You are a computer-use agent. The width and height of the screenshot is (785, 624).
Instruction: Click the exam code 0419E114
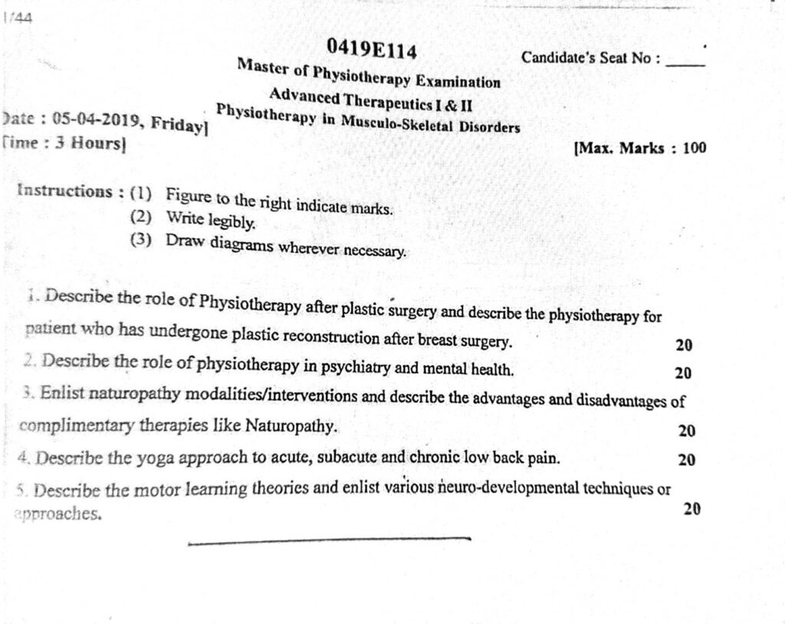click(372, 50)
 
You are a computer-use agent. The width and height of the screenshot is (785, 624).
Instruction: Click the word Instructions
click(64, 190)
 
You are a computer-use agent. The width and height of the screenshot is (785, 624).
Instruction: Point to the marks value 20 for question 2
click(683, 373)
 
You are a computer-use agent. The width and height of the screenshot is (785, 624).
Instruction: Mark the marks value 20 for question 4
click(686, 460)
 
